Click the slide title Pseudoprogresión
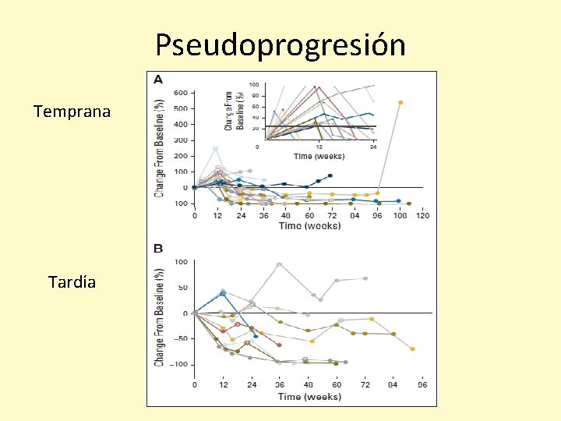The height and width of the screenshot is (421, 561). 280,45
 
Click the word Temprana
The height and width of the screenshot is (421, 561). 72,111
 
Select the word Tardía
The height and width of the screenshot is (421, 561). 72,282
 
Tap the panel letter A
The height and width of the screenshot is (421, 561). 158,80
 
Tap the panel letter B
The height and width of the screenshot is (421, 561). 158,249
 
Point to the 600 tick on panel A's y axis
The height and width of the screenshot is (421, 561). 180,93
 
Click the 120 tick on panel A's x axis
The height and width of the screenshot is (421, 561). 422,216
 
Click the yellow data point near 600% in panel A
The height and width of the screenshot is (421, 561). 400,102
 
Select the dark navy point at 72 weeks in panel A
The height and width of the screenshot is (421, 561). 330,176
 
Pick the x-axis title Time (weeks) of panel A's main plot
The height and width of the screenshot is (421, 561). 309,226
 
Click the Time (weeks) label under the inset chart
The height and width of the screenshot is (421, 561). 319,156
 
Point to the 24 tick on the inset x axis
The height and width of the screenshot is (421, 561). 374,147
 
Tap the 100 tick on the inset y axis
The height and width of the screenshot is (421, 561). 254,85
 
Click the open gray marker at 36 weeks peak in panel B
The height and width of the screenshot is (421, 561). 279,264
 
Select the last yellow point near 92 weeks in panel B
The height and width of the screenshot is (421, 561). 412,348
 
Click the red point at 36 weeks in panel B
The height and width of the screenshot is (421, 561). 279,345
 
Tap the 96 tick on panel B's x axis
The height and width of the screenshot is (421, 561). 422,385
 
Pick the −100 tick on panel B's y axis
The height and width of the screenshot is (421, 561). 179,364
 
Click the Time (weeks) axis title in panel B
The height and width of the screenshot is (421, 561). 309,396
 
